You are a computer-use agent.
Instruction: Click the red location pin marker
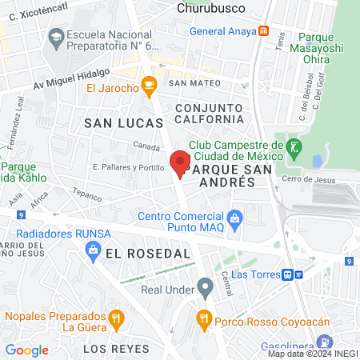[181, 163]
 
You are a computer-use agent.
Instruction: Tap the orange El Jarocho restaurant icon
[148, 84]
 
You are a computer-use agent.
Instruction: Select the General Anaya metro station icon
[264, 32]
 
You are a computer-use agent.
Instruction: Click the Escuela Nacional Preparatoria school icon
[56, 36]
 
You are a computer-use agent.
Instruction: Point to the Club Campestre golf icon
[295, 146]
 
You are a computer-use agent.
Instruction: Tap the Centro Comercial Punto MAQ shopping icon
[235, 217]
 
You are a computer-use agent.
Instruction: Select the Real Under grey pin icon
[206, 286]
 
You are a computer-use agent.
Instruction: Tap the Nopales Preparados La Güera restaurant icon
[118, 319]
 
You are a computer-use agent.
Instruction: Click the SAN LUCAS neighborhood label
[123, 123]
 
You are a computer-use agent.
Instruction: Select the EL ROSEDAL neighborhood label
[149, 253]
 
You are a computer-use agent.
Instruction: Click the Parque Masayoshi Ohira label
[326, 43]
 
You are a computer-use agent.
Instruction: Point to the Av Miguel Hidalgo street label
[70, 84]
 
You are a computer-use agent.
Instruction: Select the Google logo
[27, 350]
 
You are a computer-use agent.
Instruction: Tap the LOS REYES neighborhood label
[116, 350]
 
